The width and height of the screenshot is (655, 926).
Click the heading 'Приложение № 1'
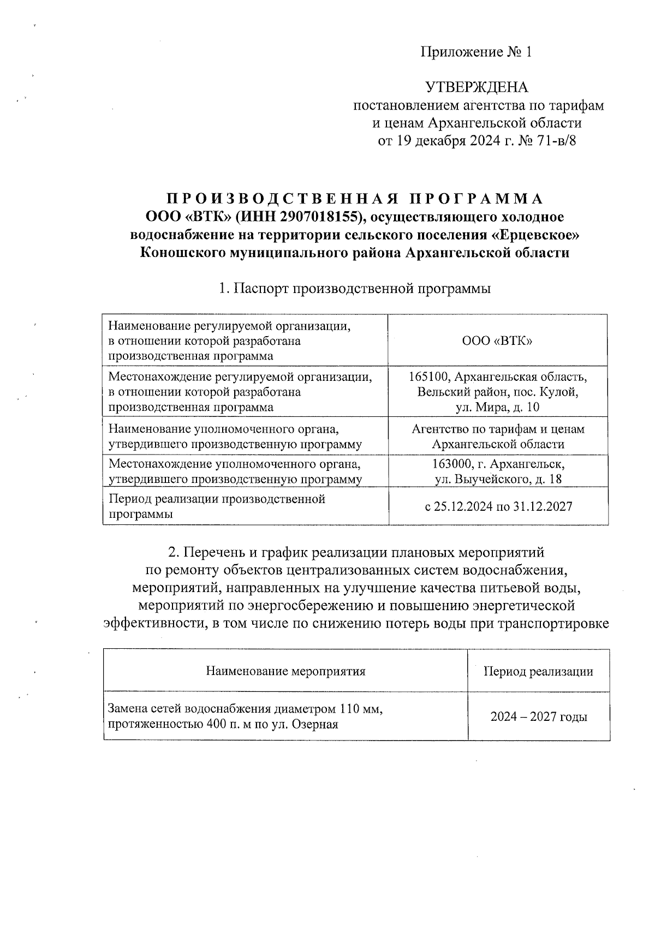point(475,52)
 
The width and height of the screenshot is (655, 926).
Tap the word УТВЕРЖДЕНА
point(477,87)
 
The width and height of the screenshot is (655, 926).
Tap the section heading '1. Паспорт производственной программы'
point(355,289)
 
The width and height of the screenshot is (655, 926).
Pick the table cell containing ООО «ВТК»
point(497,340)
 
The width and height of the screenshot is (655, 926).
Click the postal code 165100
point(429,377)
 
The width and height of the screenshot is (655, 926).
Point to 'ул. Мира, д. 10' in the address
point(497,407)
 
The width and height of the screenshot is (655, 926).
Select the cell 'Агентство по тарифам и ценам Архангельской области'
point(497,437)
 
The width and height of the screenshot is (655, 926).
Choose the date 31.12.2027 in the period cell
point(543,506)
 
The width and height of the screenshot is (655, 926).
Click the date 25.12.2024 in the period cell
point(463,506)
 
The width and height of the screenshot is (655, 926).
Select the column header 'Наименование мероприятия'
point(285,671)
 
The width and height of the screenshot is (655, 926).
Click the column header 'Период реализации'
point(538,671)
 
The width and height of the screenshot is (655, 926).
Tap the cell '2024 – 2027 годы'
point(538,717)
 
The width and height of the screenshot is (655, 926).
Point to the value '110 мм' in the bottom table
point(358,709)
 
